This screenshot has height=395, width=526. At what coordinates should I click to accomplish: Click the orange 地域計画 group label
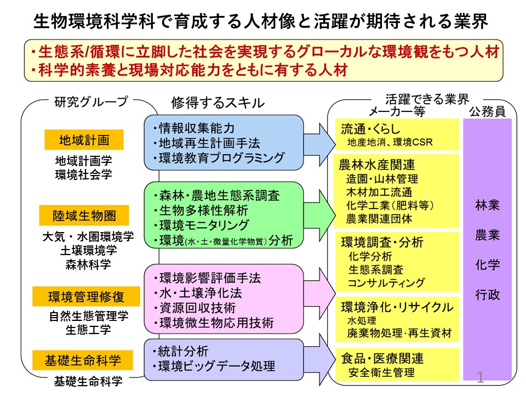coord(84,140)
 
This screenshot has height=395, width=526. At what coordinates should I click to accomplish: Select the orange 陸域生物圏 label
coord(84,215)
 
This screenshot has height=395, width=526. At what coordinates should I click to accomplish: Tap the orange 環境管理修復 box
coord(86,297)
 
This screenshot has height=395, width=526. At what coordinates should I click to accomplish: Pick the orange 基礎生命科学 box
coord(83,360)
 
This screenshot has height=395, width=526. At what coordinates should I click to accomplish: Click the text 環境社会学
coord(83,174)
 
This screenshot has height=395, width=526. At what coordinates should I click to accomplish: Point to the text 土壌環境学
coord(89,250)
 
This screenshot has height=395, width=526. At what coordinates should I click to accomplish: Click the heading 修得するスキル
coord(218,103)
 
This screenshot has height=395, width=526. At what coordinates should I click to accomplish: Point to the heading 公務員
coord(488,111)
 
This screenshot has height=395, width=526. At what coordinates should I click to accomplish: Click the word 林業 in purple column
coord(488,205)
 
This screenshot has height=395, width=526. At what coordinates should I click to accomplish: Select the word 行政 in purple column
coord(488,295)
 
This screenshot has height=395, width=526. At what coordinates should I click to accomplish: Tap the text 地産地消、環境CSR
coord(390,143)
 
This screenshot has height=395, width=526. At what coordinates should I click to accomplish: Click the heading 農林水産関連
coord(377,165)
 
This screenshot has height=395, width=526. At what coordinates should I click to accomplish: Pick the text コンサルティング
coord(386,283)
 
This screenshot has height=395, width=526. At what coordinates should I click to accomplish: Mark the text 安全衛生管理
coord(381,372)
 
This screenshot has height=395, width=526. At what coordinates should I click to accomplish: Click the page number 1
coord(481,377)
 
